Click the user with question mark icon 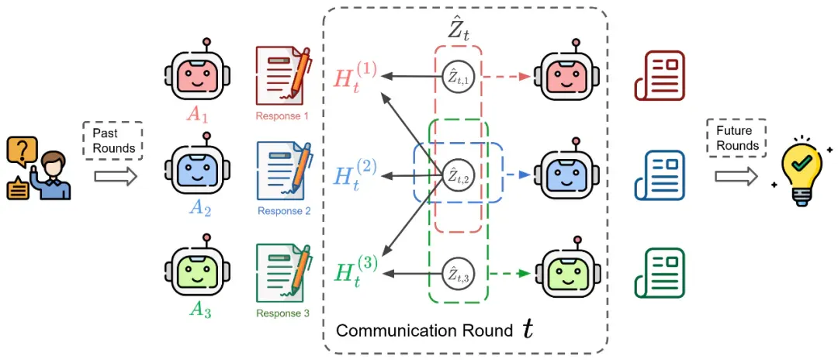(38, 169)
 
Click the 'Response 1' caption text (282, 115)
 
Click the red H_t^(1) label (355, 78)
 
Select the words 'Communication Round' (425, 331)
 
